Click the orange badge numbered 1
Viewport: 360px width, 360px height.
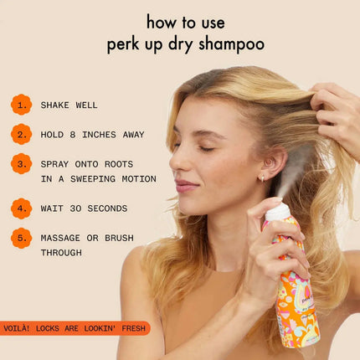coord(21,104)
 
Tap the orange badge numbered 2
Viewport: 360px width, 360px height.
coord(21,134)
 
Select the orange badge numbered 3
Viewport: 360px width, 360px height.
coord(21,164)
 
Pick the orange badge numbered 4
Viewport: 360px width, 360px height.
coord(21,208)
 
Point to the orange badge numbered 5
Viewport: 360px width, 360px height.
coord(21,238)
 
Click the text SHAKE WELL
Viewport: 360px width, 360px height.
coord(69,105)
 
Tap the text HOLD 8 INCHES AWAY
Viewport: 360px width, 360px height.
coord(92,135)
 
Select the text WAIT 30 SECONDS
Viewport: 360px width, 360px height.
coord(84,208)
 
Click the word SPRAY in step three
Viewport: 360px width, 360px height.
coord(57,164)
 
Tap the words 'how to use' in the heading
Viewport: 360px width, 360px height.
coord(185,21)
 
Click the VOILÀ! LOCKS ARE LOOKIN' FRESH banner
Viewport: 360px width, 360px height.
coord(75,328)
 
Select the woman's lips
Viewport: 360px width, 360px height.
coord(185,186)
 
